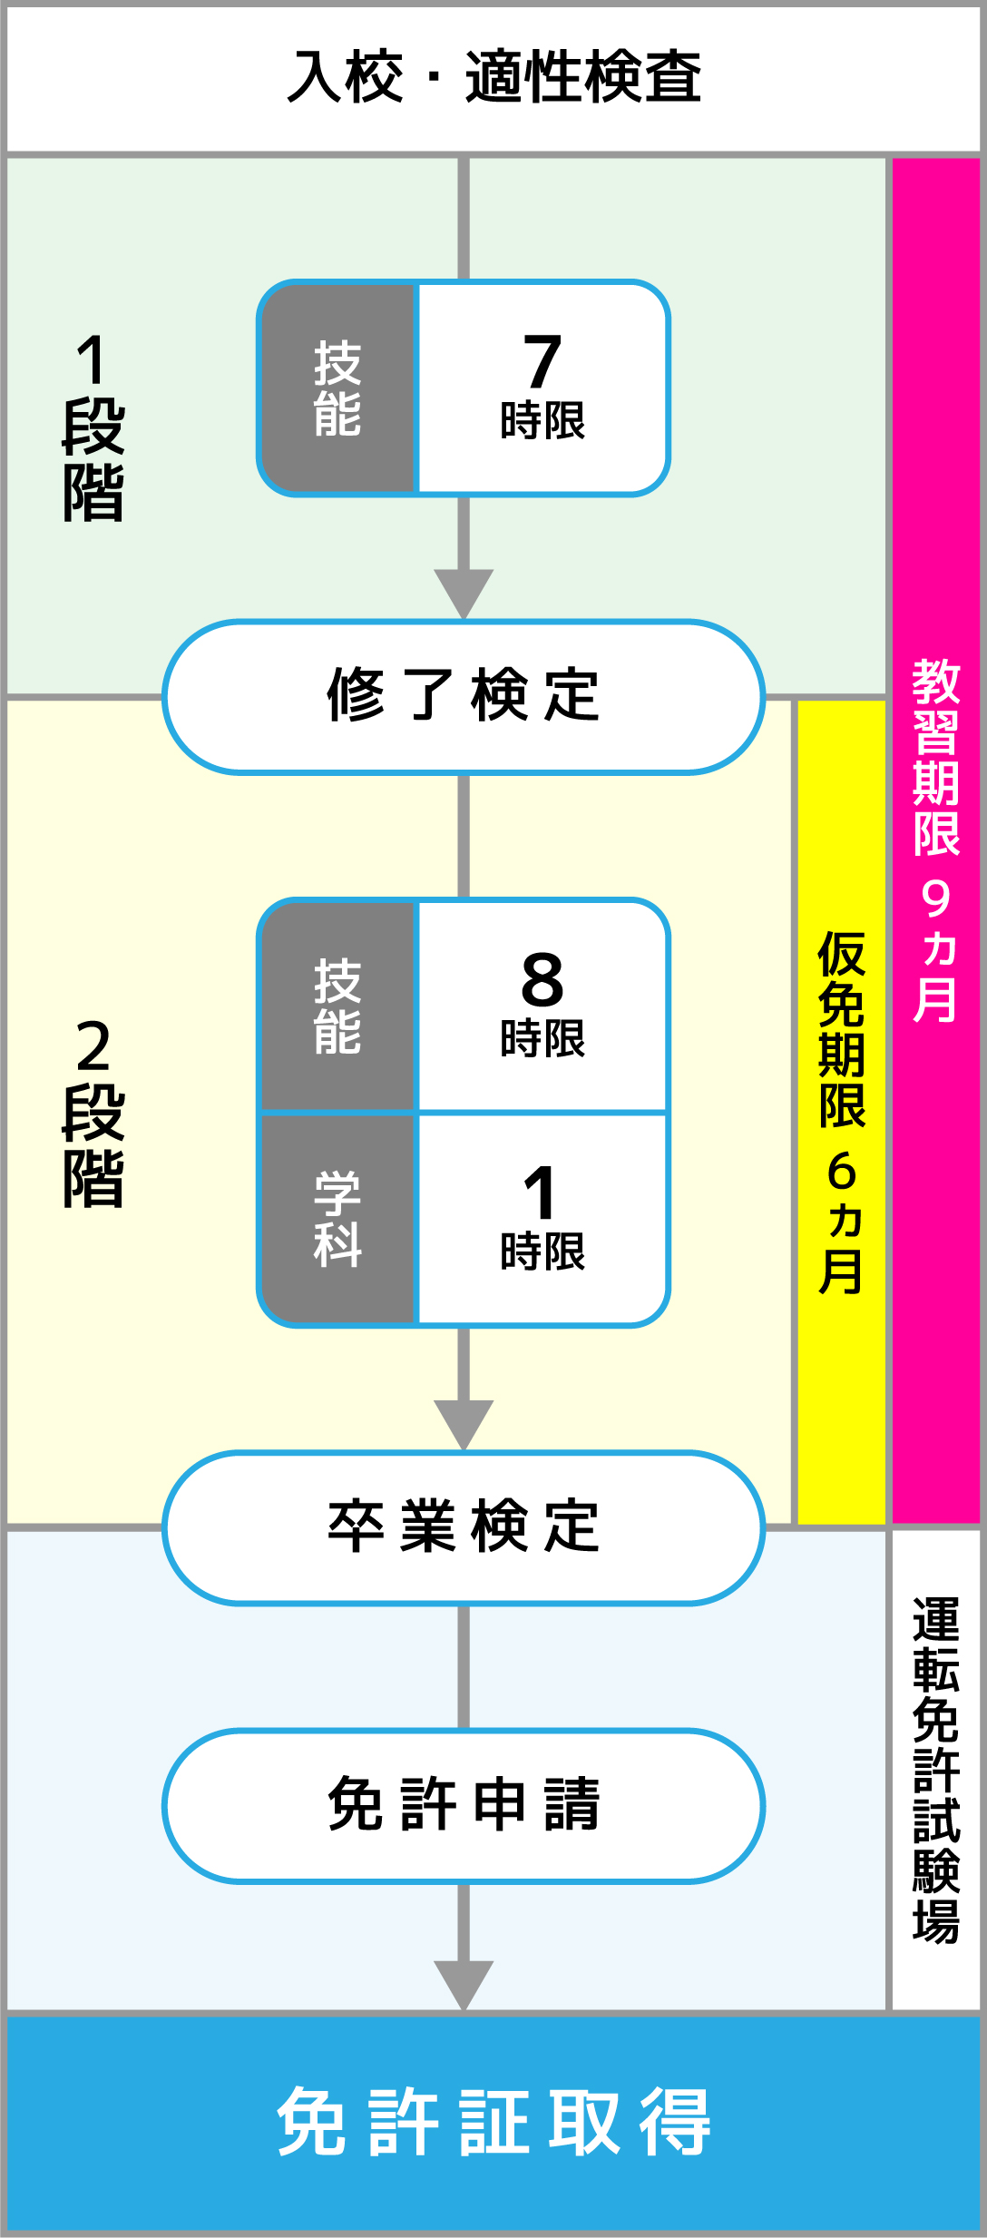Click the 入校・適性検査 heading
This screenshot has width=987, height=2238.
pos(493,77)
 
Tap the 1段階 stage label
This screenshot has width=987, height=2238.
pos(93,427)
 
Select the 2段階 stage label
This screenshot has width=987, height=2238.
pos(93,1113)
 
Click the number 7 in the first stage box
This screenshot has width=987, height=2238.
pos(542,361)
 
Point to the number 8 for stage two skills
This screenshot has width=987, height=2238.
pos(542,980)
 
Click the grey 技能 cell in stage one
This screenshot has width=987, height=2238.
pos(337,388)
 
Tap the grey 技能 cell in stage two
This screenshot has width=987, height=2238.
pos(337,1006)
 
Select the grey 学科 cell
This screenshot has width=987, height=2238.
pos(337,1219)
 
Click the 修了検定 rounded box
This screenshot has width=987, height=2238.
pos(464,696)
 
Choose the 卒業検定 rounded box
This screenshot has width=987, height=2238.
pos(464,1526)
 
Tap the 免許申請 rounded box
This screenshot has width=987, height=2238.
pos(464,1804)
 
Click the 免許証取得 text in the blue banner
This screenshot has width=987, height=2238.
pos(493,2122)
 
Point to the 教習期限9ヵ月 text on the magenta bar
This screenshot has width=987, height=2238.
pos(936,840)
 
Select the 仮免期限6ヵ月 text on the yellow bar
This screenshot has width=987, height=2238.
pos(842,1113)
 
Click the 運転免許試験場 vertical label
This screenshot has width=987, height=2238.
pos(936,1771)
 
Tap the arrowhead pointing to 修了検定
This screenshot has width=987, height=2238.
pos(464,591)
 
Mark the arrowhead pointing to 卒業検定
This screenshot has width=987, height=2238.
pos(464,1422)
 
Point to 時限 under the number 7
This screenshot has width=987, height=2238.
pos(542,421)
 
